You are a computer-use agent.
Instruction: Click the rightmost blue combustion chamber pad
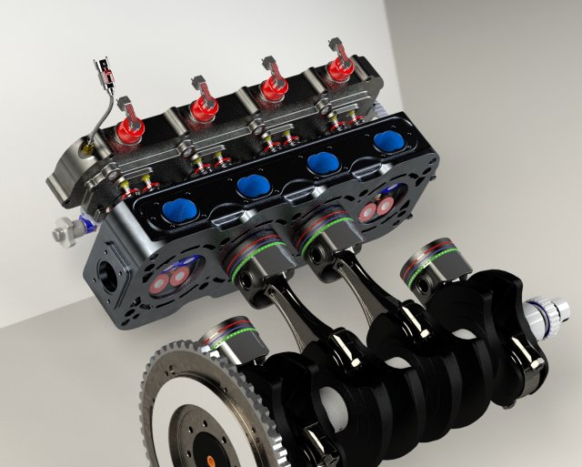(388, 141)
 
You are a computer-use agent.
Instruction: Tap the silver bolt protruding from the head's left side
(64, 233)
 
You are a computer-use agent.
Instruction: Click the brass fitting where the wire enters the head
(85, 143)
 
